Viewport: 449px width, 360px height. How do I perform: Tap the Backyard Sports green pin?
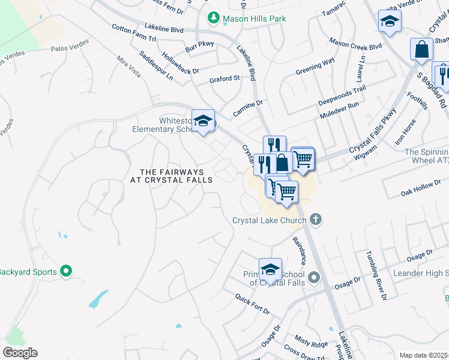(67, 272)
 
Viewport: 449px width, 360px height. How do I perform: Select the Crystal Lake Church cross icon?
(316, 220)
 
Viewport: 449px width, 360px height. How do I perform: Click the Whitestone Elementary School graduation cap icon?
(203, 121)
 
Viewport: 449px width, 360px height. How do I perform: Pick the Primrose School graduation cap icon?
(270, 269)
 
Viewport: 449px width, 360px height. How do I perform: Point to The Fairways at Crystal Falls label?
(172, 176)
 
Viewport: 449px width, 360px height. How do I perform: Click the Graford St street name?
(224, 78)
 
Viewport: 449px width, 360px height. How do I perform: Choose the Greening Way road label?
(315, 67)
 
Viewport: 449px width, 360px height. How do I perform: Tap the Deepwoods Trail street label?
(342, 94)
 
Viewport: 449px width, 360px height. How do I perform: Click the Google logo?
(20, 353)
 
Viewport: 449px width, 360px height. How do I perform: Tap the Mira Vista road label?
(128, 70)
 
